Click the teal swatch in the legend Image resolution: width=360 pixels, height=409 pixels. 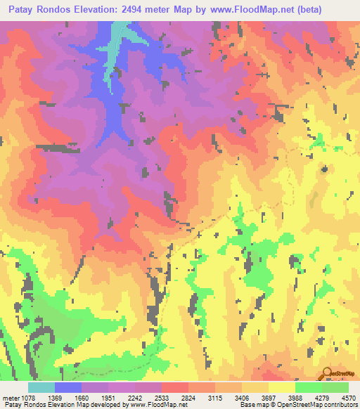41,387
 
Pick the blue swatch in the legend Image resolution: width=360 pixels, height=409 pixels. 68,387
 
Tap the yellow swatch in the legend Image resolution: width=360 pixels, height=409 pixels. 281,387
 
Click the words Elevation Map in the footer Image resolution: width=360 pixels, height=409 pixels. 83,404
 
